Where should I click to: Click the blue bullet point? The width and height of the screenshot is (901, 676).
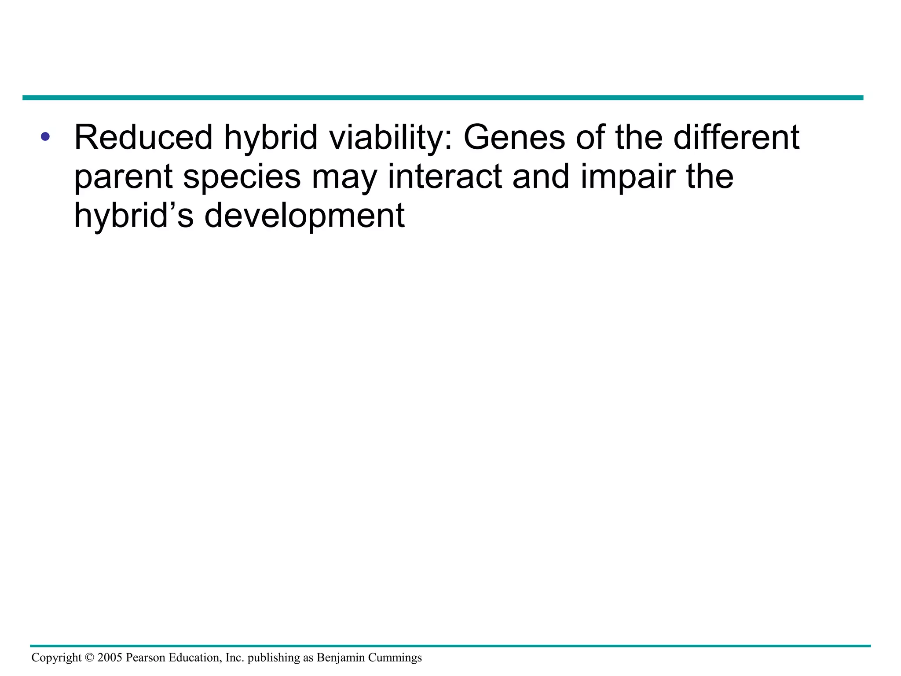pos(45,137)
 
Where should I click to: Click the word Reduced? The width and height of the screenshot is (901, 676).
pos(143,137)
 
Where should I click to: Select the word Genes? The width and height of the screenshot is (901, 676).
pos(514,137)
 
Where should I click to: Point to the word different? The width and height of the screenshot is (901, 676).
pos(736,137)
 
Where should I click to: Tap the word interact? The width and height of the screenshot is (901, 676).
pos(444,176)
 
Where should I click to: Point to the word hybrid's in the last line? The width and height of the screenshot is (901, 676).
pos(134,216)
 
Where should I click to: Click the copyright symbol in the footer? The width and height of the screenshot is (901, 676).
pos(89,658)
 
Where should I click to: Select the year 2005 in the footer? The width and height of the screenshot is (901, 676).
pos(110,658)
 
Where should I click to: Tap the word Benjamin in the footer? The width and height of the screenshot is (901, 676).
pos(341,658)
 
